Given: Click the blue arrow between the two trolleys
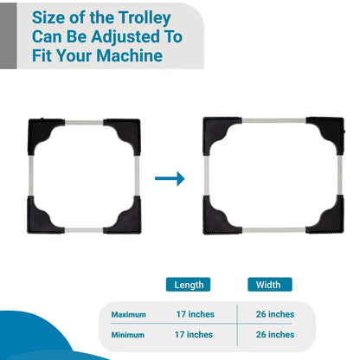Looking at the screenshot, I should pos(170,178).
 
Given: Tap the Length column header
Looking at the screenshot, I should pos(189,284).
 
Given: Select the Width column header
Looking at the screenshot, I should pos(270,284).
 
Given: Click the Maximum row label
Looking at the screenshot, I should pos(128,314).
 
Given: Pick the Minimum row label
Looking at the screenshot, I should pos(128,334).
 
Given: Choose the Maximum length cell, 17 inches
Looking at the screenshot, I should pos(194,314).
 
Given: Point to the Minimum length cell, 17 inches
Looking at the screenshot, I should pos(194,334).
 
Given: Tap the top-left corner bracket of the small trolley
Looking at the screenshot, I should pos(43,132).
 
